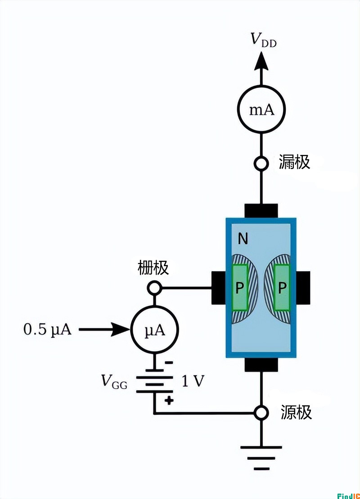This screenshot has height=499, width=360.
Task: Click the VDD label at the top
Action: (x=263, y=41)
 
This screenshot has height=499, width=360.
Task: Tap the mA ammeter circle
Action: (x=261, y=109)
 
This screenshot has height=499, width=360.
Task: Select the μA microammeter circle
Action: (x=154, y=331)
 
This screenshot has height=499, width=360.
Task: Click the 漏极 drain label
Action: (x=294, y=162)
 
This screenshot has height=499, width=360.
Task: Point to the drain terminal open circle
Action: (x=261, y=163)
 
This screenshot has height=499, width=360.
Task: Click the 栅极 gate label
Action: (x=153, y=268)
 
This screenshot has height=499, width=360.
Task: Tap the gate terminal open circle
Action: (x=154, y=287)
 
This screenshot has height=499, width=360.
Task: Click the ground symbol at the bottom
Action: (x=261, y=455)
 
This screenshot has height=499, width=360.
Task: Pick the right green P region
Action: (x=282, y=288)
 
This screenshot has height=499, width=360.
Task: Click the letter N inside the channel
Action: (x=243, y=239)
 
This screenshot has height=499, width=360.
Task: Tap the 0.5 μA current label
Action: (x=47, y=330)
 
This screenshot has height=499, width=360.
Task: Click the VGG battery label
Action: (x=114, y=382)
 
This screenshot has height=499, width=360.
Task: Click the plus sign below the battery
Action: (x=168, y=400)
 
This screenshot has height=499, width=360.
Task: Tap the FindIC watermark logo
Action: (x=348, y=494)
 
